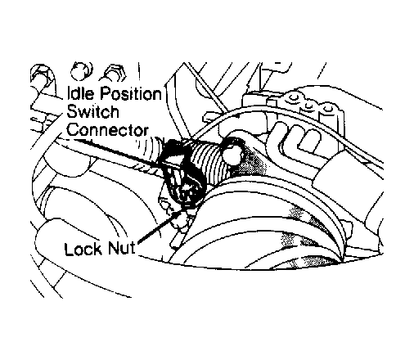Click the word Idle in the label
(x=82, y=93)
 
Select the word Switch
(x=92, y=112)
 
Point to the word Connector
(x=108, y=130)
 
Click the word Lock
(x=83, y=249)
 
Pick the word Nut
(x=121, y=248)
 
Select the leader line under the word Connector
(x=116, y=152)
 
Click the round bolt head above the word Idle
(x=81, y=70)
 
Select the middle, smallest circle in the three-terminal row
(x=308, y=105)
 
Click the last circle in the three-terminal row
(x=329, y=109)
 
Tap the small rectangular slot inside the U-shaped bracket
(x=309, y=140)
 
